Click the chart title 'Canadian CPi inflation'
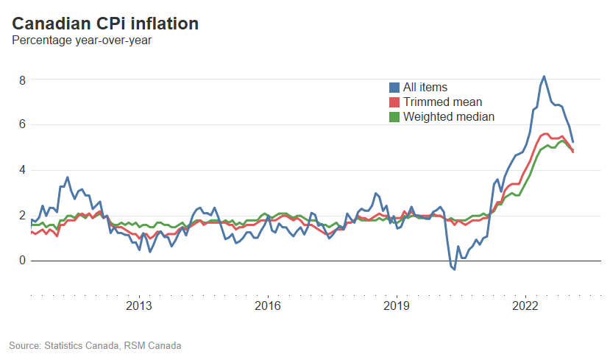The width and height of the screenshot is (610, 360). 105,24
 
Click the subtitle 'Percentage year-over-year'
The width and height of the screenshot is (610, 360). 82,40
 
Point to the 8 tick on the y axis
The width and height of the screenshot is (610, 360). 22,80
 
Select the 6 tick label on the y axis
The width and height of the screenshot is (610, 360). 22,124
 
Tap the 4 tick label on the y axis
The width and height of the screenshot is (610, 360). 22,170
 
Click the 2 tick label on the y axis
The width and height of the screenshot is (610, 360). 22,215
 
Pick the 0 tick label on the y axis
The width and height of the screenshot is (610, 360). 22,261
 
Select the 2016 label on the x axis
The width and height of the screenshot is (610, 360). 268,306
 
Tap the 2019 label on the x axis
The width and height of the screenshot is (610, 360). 397,306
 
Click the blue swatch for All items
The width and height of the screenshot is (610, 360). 394,88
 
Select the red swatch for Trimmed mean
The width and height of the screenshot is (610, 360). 394,102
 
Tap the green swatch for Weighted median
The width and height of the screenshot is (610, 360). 394,117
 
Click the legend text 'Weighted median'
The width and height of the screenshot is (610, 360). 449,117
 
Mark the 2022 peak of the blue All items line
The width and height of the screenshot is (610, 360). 544,76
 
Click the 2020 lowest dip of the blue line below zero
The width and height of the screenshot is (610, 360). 454,269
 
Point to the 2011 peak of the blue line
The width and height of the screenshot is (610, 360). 67,177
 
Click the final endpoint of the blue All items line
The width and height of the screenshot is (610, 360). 573,141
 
